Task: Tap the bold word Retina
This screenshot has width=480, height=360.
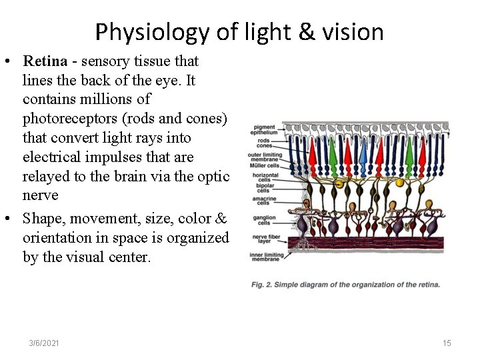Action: point(45,61)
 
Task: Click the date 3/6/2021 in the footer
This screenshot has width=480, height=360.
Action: point(44,343)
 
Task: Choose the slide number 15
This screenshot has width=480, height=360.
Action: point(447,343)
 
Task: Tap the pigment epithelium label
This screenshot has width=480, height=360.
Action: point(265,129)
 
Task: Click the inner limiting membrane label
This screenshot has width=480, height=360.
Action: point(265,256)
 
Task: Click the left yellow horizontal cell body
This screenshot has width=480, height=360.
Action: point(339,183)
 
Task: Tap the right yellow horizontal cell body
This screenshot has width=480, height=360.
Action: point(400,182)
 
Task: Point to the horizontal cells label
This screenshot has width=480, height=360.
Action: point(261,177)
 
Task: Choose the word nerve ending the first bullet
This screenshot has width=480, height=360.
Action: point(40,195)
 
